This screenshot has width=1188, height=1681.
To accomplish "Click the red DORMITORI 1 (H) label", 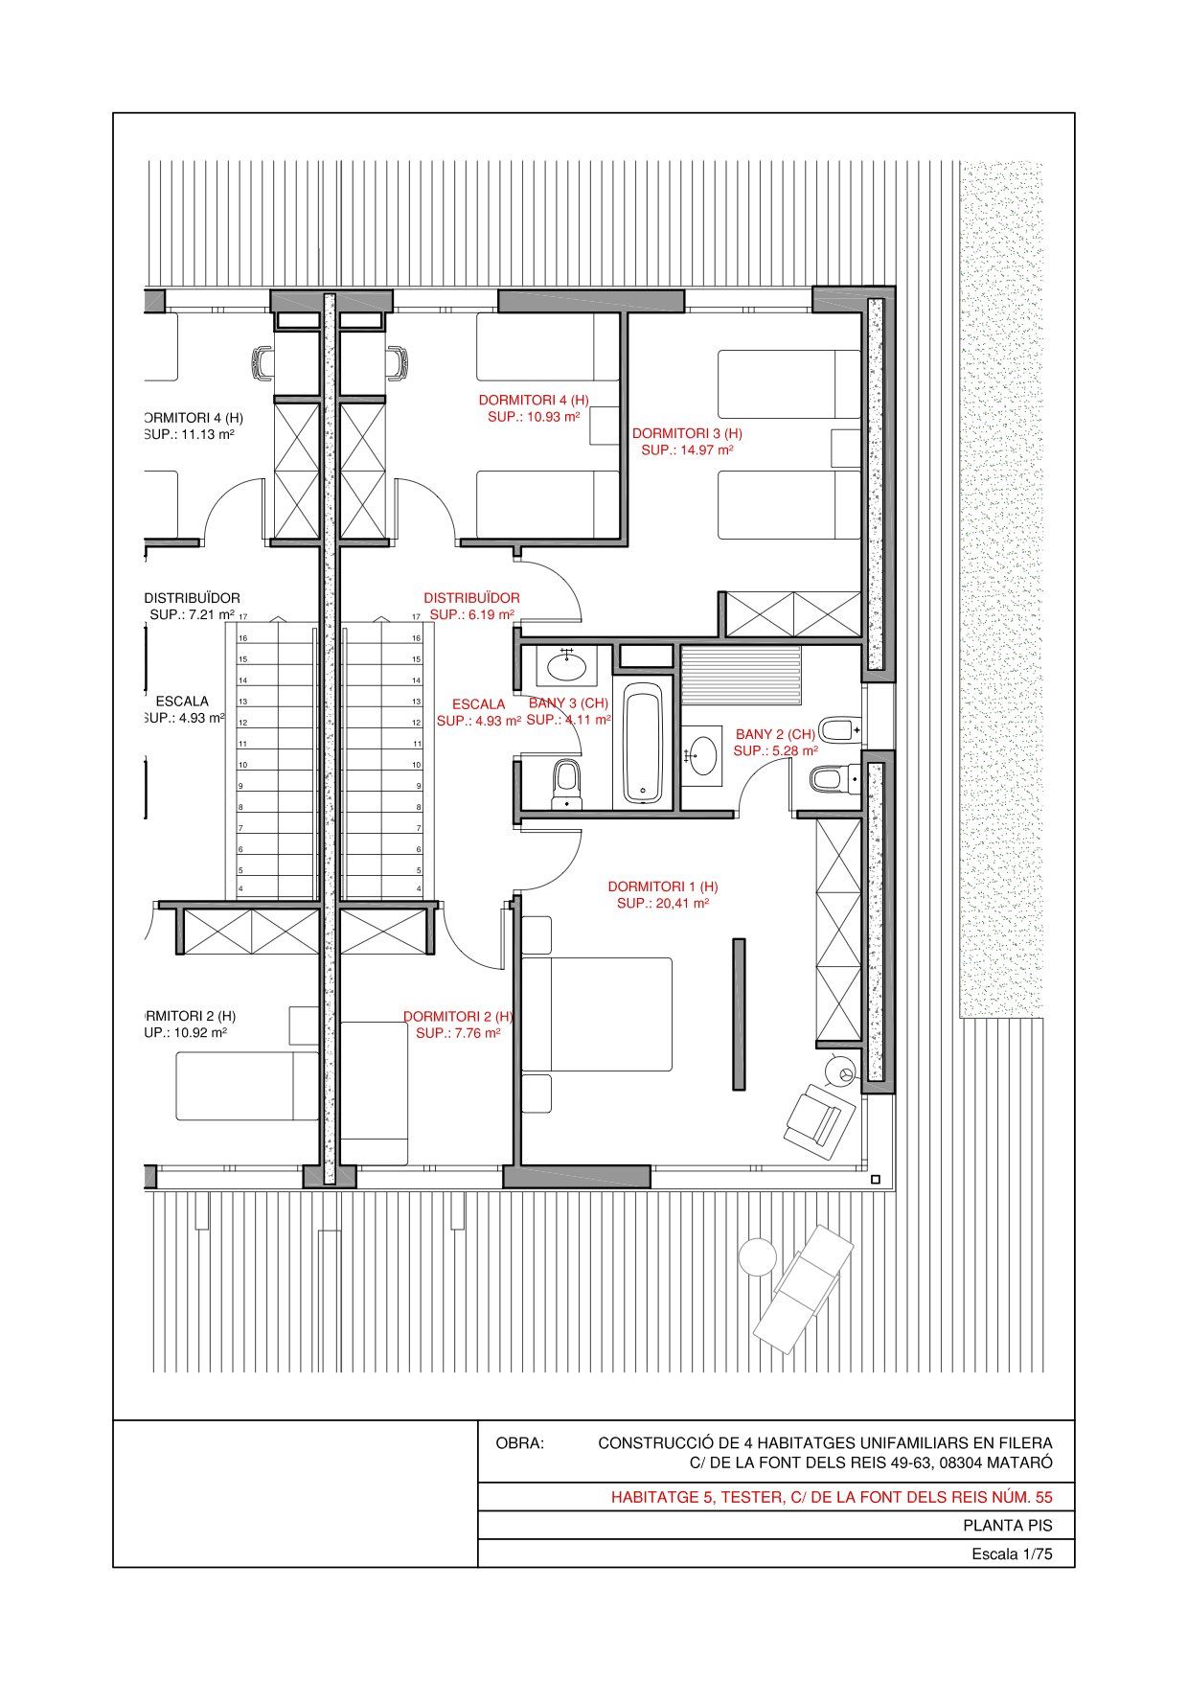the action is tap(662, 887).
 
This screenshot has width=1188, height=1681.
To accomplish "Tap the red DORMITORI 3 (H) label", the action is tap(687, 433).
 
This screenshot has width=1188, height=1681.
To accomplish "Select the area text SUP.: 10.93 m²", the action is tap(534, 417).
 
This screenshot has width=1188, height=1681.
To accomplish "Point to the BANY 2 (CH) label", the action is tap(775, 734).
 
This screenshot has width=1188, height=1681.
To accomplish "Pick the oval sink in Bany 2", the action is tap(704, 753).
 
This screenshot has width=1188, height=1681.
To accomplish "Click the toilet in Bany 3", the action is tap(566, 783).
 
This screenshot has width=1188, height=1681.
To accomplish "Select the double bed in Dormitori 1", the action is tap(596, 1014).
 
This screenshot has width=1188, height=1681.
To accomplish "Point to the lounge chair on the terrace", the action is tap(803, 1288).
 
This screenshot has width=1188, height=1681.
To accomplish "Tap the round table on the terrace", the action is tap(758, 1256).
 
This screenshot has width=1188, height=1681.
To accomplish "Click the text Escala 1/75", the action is tap(1012, 1554).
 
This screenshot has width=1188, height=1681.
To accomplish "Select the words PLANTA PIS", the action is tap(1008, 1527).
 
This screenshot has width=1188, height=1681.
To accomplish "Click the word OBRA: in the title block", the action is tap(519, 1442).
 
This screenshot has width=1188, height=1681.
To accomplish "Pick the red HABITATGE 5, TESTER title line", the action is tap(832, 1497).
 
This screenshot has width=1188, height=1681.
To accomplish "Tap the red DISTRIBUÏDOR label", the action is tap(472, 597).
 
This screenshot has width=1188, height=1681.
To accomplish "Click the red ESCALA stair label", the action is tap(478, 703).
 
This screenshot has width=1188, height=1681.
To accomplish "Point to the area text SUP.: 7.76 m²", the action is tap(458, 1033).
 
